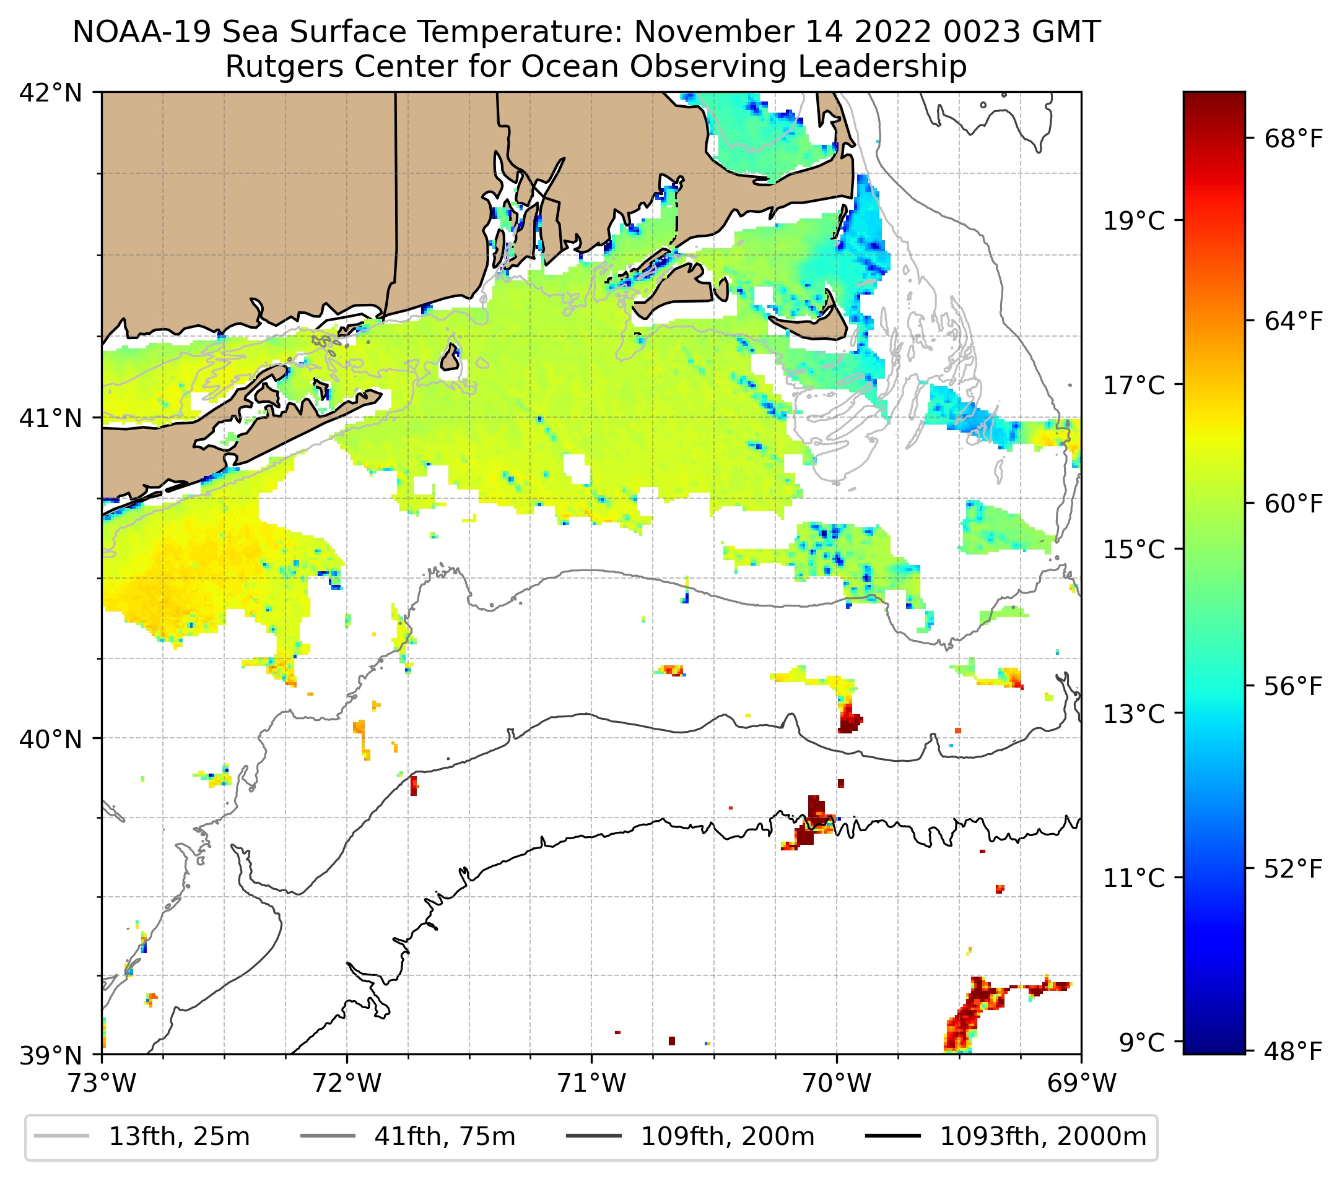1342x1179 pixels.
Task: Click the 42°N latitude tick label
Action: coord(51,93)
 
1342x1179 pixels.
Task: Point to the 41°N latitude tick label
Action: coord(51,418)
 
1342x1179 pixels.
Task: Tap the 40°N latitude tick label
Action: coord(51,740)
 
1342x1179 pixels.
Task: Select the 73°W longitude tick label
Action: coord(102,1083)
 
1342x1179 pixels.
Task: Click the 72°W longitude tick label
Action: coord(347,1083)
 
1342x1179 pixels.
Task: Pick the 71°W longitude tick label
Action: coord(591,1083)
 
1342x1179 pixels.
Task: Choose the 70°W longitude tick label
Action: coord(837,1083)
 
